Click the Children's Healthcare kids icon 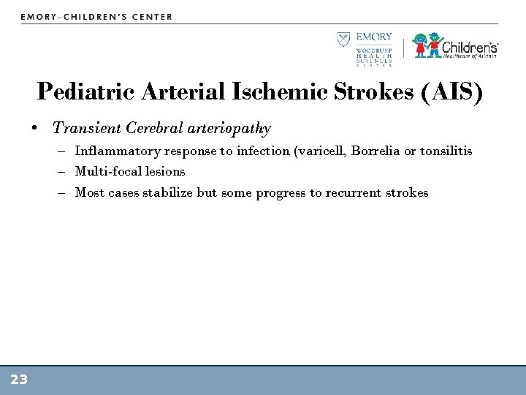pyautogui.click(x=427, y=45)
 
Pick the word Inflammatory pyautogui.click(x=118, y=151)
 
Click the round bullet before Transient pyautogui.click(x=35, y=129)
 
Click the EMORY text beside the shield pyautogui.click(x=375, y=37)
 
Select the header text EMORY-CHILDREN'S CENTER pyautogui.click(x=97, y=16)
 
